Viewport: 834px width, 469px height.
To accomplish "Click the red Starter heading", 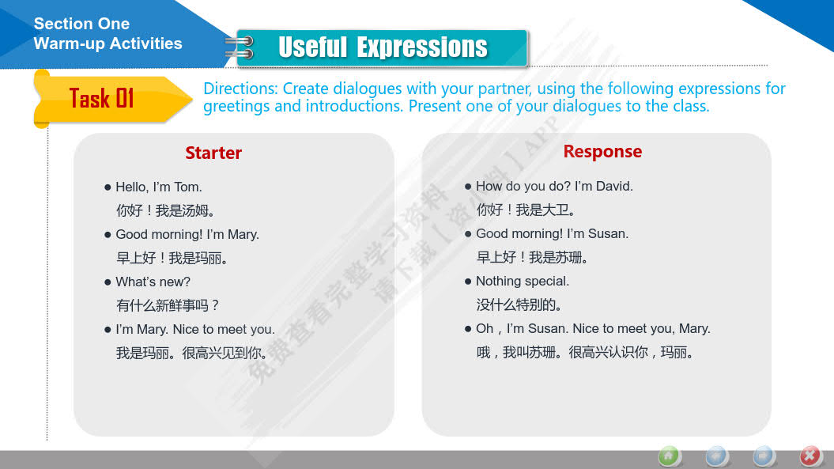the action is tap(213, 153).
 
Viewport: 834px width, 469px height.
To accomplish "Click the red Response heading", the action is tap(602, 152).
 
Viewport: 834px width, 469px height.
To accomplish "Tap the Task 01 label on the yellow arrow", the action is tap(102, 99).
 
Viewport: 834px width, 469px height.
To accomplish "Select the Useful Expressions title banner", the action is tap(382, 47).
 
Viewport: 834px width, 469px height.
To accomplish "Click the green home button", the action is tap(669, 456).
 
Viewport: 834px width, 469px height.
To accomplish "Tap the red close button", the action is tap(810, 456).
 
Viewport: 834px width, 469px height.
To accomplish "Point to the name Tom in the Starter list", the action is tap(188, 187).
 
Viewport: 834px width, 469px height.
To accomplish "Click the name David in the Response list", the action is tap(614, 187).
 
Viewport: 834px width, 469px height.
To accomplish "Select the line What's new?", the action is tap(153, 282).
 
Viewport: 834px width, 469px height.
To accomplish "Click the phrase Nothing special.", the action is tap(523, 281).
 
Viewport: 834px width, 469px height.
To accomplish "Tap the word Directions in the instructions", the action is tap(241, 89).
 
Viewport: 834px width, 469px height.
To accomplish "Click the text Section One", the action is tap(81, 24).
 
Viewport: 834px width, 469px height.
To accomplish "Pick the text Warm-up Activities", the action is tap(108, 43).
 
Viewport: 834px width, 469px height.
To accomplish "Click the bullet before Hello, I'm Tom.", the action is tap(108, 187).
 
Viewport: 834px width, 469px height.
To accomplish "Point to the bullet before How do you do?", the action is tap(468, 187).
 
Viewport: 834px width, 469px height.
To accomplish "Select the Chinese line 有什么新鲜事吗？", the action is tap(168, 305).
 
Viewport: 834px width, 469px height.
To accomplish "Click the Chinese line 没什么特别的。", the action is tap(519, 305).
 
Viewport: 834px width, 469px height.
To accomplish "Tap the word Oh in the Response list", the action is tap(484, 328).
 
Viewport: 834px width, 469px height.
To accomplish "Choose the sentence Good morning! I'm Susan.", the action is tap(552, 233).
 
